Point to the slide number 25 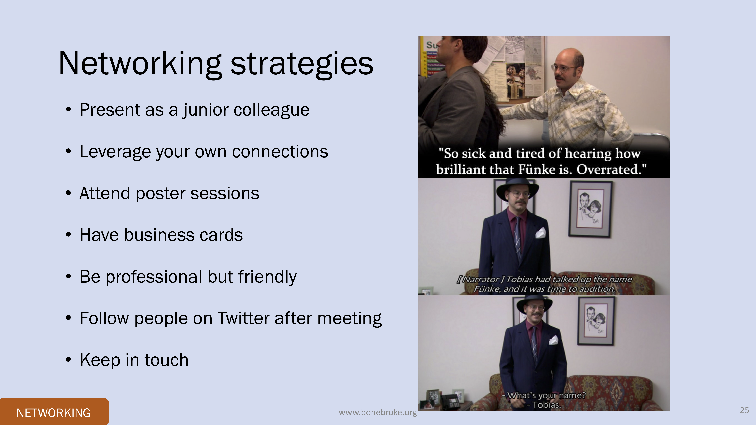click(744, 410)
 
